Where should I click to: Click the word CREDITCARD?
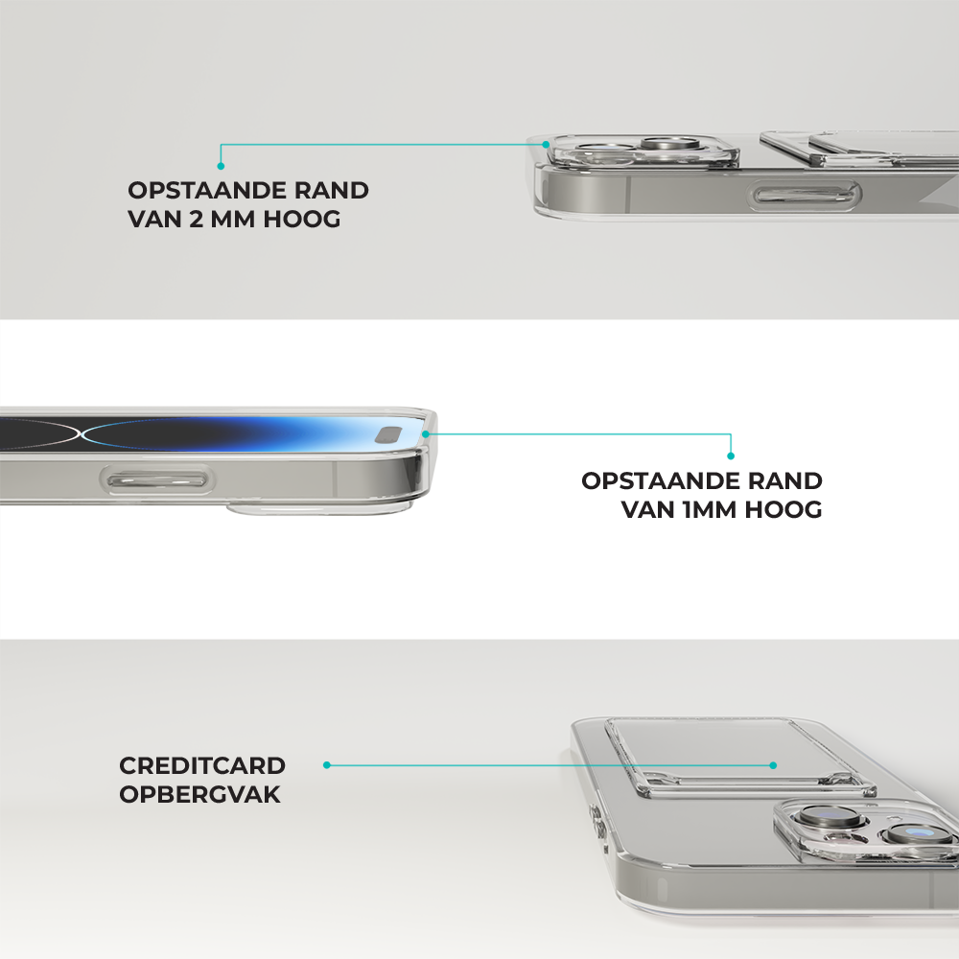tap(202, 765)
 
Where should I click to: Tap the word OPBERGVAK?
tap(200, 794)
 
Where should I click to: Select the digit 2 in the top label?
tap(196, 219)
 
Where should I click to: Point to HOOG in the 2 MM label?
tap(301, 219)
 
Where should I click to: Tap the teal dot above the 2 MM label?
tap(221, 166)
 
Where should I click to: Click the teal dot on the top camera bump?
tap(546, 145)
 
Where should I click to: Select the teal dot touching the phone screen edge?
tap(426, 433)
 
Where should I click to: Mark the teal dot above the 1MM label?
tap(730, 456)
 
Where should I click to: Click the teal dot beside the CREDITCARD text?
tap(327, 765)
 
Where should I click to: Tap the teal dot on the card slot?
tap(773, 765)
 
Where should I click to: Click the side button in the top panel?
tap(805, 196)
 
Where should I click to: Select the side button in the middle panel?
tap(157, 480)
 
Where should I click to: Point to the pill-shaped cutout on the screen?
tap(389, 435)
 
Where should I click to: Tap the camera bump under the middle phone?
tap(319, 508)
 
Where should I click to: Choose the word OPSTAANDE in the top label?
tap(207, 190)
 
